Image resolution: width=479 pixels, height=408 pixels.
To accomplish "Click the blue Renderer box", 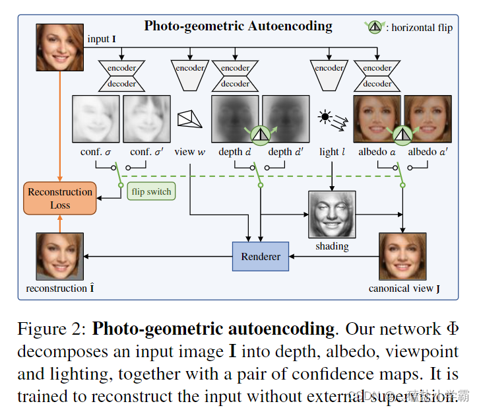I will (261, 256).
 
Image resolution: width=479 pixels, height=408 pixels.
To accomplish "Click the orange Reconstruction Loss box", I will (60, 198).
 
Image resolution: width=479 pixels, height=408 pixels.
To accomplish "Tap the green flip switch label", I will (151, 192).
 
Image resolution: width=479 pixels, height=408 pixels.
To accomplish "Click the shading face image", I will (332, 215).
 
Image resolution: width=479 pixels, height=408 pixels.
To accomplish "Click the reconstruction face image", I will (60, 256).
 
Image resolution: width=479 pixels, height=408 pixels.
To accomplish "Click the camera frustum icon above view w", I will (191, 119).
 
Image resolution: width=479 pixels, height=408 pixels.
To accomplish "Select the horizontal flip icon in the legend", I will (374, 27).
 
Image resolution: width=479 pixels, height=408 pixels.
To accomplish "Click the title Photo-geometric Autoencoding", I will (238, 26).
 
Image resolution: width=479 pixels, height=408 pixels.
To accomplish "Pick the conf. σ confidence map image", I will (96, 119).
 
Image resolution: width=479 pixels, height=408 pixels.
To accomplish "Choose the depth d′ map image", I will (286, 119).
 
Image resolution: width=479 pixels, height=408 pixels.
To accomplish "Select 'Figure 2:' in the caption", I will (51, 329).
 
